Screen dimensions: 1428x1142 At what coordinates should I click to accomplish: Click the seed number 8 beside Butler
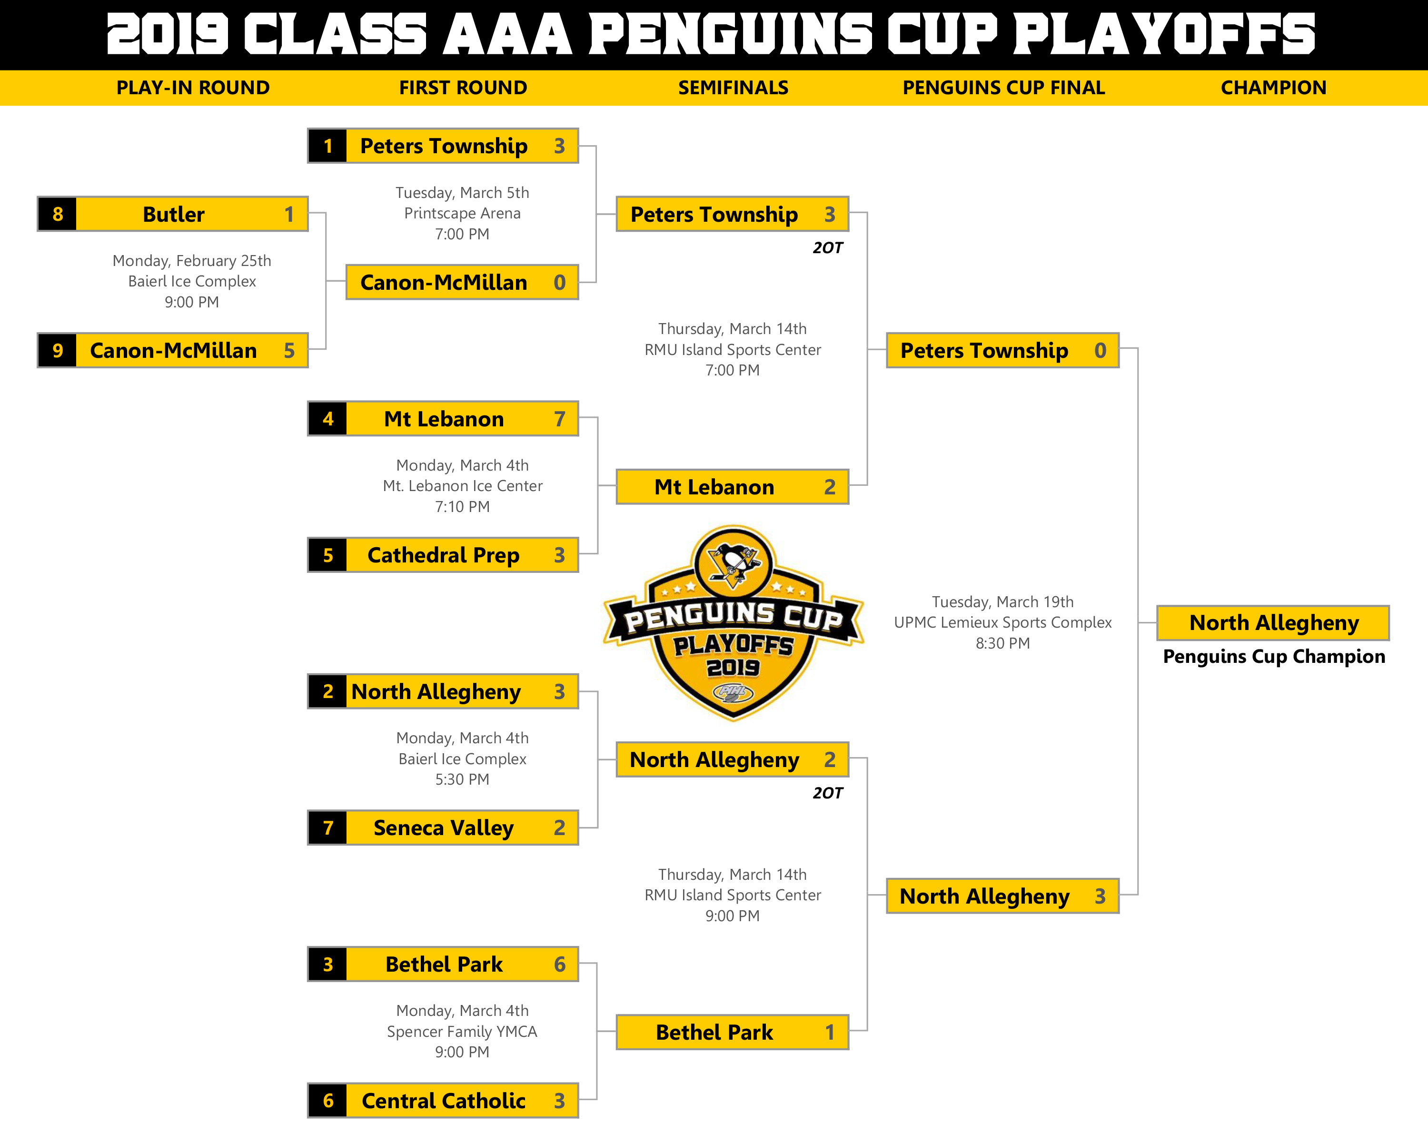[58, 214]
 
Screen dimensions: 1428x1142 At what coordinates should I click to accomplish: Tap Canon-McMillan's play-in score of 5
[289, 350]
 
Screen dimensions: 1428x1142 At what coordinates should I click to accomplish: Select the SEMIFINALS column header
[733, 88]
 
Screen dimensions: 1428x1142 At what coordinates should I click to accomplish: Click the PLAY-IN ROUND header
[193, 88]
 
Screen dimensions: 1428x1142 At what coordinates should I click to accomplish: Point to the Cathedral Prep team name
[443, 555]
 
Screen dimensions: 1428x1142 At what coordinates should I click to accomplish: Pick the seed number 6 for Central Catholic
[328, 1100]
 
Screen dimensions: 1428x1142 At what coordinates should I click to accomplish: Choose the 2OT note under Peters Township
[828, 247]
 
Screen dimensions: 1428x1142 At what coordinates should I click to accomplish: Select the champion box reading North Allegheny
[1273, 623]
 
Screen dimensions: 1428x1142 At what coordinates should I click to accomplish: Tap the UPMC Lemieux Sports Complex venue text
[1003, 622]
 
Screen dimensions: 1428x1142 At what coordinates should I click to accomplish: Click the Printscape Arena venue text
[462, 213]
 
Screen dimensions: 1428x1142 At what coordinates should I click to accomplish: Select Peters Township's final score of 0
[1100, 350]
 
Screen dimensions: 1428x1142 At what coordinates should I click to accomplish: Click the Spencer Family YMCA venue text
[462, 1032]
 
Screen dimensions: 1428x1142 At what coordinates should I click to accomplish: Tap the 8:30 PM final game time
[1003, 643]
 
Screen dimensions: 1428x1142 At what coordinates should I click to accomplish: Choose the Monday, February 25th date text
[192, 261]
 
